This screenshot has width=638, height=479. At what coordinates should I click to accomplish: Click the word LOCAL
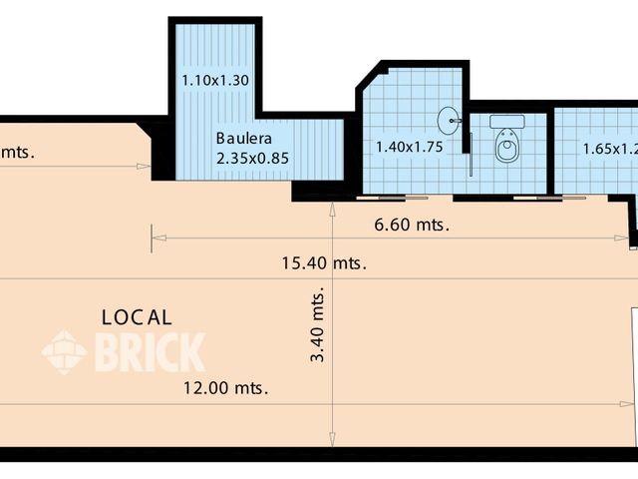[138, 317]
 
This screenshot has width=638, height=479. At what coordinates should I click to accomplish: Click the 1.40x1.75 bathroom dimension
[408, 147]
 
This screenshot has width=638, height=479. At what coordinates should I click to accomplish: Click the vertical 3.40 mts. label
[318, 327]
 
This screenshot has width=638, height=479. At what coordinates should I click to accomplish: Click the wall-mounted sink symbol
[456, 121]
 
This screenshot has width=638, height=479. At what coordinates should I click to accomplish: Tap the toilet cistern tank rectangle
[507, 121]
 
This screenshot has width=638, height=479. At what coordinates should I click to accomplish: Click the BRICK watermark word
[150, 352]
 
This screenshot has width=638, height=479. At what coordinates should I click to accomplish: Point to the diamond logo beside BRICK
[64, 352]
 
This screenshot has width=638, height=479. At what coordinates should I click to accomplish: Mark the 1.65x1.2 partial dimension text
[608, 150]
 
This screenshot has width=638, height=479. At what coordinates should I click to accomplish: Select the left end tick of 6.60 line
[153, 239]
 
